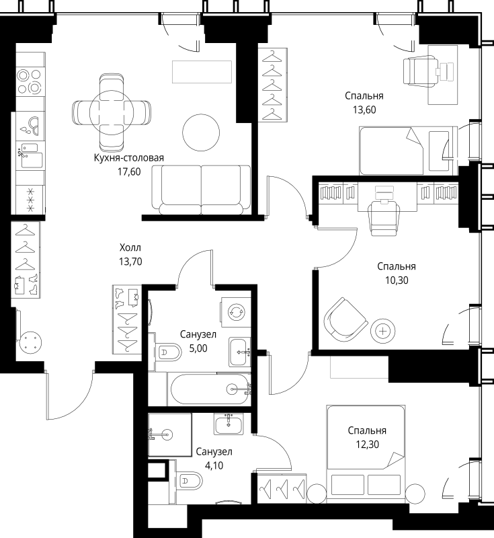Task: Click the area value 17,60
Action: coord(129,171)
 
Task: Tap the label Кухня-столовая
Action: coord(129,158)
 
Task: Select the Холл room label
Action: coord(130,247)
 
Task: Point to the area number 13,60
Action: coord(364,110)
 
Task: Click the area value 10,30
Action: coord(397,280)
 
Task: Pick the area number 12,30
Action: coord(367,445)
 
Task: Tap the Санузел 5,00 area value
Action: coord(198,348)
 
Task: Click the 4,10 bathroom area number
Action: coord(214,465)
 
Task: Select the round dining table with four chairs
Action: coord(112,112)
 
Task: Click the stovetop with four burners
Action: coord(30,82)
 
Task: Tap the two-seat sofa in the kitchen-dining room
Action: coord(201,190)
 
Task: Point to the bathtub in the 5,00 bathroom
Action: coord(210,389)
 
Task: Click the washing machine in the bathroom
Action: coord(236,312)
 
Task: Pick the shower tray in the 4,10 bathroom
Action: coord(169,434)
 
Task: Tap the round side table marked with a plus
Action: coord(383,331)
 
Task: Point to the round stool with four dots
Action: coord(31,342)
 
